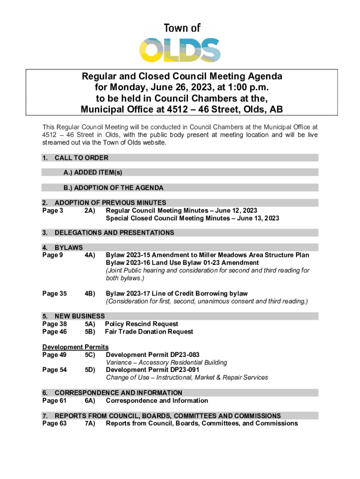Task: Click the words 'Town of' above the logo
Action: coord(182,28)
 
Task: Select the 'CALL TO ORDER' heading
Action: coord(81,158)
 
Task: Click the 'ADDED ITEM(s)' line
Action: coord(93,173)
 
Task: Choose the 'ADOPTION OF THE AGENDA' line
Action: coord(114,188)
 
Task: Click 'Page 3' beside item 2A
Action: coord(53,210)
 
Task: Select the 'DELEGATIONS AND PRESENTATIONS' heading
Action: coord(114,233)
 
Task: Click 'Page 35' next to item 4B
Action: coord(55,294)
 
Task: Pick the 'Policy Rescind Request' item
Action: coord(142,324)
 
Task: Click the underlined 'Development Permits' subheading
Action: coord(75,347)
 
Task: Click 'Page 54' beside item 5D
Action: coord(55,370)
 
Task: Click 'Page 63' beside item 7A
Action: coord(55,423)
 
